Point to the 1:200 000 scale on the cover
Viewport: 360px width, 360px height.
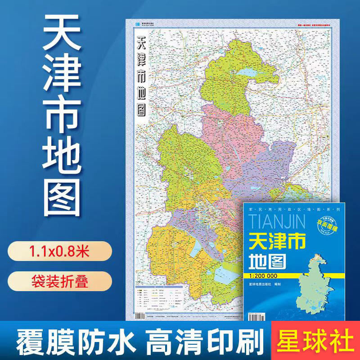(x=265, y=276)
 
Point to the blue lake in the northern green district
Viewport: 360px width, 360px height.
(x=249, y=72)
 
